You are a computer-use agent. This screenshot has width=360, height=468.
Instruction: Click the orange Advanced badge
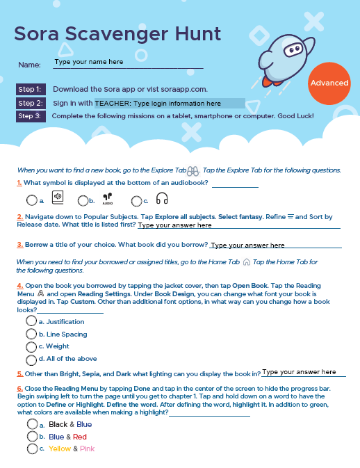329,83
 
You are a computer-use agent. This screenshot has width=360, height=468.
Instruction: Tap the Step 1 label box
31,89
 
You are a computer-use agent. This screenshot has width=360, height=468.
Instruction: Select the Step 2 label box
31,104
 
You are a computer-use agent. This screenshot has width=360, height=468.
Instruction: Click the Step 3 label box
31,116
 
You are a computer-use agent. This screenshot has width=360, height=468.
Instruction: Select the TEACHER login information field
170,104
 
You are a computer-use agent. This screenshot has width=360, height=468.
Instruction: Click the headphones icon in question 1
162,198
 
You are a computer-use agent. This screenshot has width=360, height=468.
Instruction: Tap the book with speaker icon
58,197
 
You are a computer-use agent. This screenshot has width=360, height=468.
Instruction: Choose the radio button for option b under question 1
83,200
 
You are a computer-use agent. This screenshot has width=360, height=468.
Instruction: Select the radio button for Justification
31,321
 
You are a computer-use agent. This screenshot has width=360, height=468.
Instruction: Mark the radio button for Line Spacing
31,334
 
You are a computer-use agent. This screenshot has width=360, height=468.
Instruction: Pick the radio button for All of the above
31,360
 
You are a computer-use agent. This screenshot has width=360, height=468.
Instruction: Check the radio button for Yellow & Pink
32,449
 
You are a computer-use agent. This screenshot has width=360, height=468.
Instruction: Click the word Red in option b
80,437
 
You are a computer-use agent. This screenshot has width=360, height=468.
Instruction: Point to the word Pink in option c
87,449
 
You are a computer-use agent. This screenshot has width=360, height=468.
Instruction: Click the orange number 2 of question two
19,217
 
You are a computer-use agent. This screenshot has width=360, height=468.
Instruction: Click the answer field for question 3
276,245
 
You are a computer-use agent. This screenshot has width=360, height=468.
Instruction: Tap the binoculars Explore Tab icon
193,171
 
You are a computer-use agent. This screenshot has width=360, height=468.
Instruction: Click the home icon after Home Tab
246,262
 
